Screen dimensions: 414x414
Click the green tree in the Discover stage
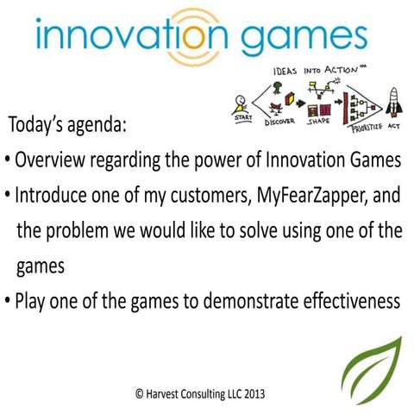tap(279, 88)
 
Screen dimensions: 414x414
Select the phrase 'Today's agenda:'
tap(68, 127)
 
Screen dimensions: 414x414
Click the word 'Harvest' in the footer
tap(167, 392)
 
